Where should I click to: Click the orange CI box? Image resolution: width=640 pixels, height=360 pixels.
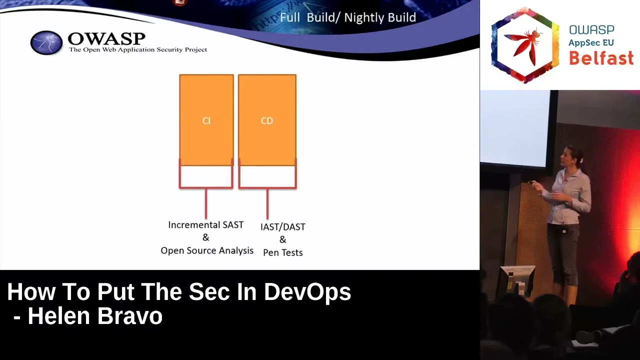point(206,120)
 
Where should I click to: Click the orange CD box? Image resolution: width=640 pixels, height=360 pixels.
point(267,120)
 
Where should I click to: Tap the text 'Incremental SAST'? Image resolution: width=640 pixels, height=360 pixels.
point(205,225)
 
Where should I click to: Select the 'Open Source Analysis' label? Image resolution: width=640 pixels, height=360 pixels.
point(207,250)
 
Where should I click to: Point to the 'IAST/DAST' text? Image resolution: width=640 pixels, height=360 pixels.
point(283,227)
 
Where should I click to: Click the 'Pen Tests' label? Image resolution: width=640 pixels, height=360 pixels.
point(283,252)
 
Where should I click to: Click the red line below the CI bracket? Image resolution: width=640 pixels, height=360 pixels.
point(206,203)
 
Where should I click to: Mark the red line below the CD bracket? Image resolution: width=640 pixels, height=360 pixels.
point(267,203)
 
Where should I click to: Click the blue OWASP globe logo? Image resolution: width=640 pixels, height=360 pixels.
point(46,42)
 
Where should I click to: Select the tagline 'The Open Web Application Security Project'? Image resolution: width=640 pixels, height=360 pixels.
point(138,49)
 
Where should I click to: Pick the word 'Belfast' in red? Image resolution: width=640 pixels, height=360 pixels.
point(601,58)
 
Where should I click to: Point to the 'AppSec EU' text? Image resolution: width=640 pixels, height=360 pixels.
point(591,42)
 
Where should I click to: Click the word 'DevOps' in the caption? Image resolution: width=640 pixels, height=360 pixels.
point(307,292)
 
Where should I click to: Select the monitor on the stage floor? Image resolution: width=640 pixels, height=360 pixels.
point(517,280)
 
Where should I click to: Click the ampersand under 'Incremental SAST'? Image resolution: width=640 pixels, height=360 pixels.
point(205,237)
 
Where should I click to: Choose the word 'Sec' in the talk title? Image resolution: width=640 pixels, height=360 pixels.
point(209,292)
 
